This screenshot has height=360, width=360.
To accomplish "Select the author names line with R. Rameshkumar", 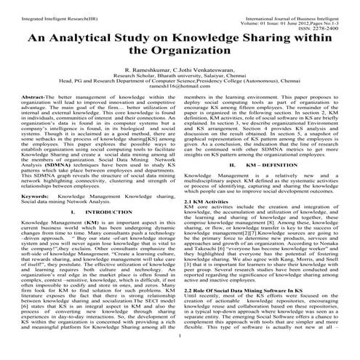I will (180, 73).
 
